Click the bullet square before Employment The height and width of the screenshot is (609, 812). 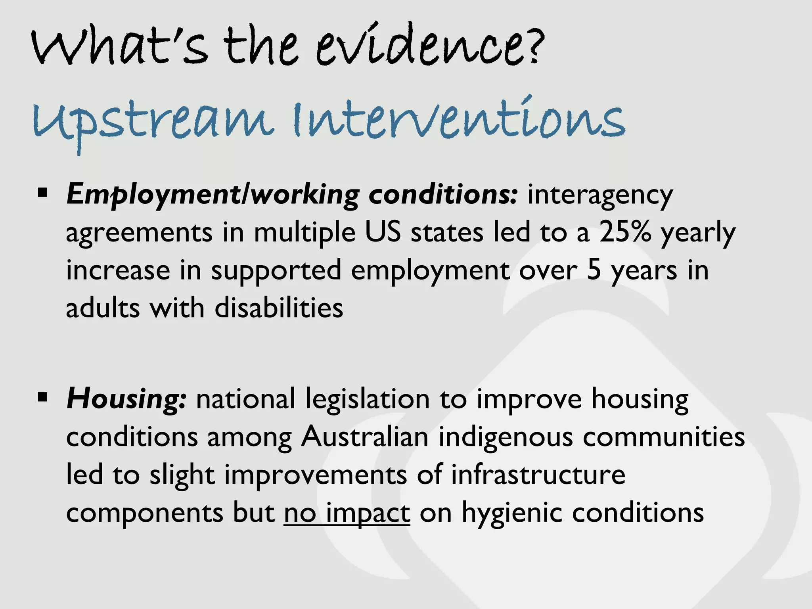click(42, 193)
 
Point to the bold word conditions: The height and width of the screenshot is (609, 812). click(442, 194)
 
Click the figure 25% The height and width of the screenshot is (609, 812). click(625, 232)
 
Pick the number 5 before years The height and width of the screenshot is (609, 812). click(594, 270)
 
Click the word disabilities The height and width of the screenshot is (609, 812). click(279, 308)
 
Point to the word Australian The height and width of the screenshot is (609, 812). click(364, 437)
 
